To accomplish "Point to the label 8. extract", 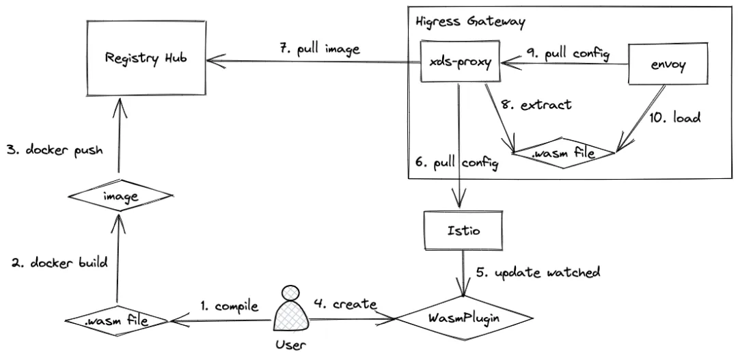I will [x=546, y=107].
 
